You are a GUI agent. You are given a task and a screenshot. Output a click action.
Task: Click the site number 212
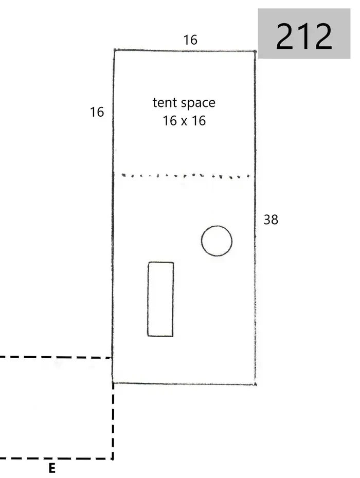(304, 36)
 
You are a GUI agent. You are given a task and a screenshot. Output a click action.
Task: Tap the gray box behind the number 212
(304, 33)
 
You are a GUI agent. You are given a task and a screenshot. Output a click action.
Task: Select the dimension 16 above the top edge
(190, 40)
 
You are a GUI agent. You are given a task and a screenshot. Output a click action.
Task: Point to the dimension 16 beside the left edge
(97, 112)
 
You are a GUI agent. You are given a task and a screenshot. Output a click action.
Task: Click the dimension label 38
(271, 219)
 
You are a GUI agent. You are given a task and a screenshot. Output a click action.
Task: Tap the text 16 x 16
(184, 121)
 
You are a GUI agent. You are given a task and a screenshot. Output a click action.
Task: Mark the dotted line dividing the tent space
(185, 176)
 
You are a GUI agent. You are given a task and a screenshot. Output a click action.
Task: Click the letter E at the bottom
(52, 468)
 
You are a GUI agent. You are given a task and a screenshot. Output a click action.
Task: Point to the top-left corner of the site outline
(114, 50)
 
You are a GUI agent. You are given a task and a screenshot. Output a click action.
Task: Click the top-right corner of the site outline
(255, 51)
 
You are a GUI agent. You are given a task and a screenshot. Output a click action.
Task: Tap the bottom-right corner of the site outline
(255, 384)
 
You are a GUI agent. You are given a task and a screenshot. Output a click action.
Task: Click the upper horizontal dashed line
(56, 357)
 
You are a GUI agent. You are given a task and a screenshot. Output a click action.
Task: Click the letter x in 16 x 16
(184, 122)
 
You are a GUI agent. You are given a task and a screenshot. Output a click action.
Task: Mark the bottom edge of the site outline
(184, 383)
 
